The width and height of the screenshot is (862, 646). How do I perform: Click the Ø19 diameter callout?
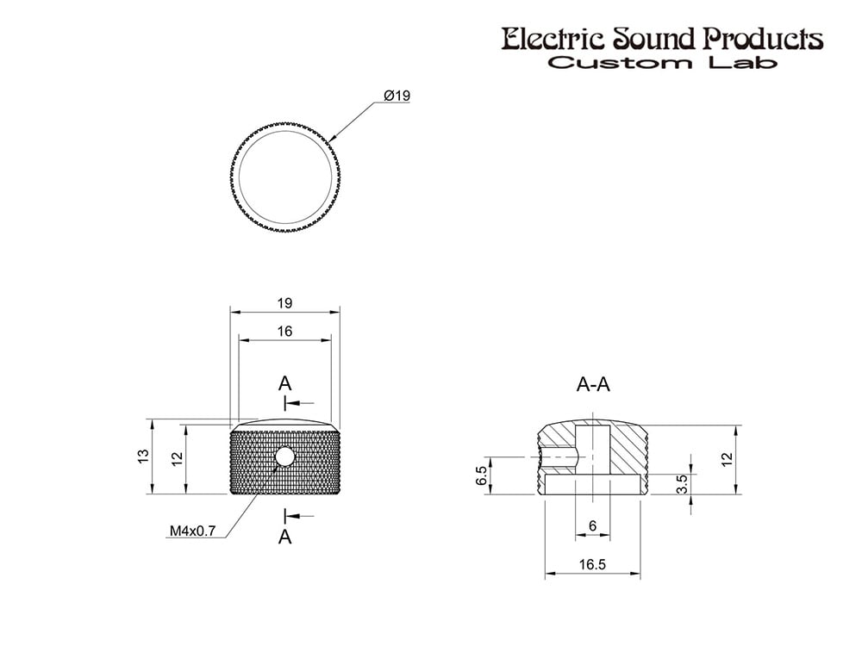click(x=397, y=96)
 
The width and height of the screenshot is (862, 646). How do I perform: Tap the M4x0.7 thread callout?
click(x=192, y=531)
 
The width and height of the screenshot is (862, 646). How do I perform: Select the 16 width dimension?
click(x=284, y=332)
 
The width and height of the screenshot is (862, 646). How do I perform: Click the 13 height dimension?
click(x=144, y=456)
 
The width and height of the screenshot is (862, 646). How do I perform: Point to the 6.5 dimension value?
click(x=482, y=475)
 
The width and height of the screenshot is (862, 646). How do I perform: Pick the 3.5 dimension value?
click(x=682, y=484)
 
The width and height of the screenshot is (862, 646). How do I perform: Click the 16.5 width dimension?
click(x=592, y=565)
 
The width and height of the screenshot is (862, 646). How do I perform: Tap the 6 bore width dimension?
click(x=593, y=526)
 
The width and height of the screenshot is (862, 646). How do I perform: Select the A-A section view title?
click(x=593, y=384)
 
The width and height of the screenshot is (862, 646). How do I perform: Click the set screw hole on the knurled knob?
click(x=284, y=457)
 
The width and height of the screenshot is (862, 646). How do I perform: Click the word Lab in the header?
click(x=742, y=62)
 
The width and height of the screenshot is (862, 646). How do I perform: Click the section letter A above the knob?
click(x=284, y=383)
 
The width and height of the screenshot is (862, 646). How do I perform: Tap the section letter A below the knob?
click(x=284, y=537)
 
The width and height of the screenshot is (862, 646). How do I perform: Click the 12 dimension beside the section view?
click(x=727, y=459)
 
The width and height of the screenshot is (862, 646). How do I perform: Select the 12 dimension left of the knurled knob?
click(x=177, y=459)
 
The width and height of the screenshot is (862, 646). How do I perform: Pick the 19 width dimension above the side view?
click(x=284, y=303)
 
